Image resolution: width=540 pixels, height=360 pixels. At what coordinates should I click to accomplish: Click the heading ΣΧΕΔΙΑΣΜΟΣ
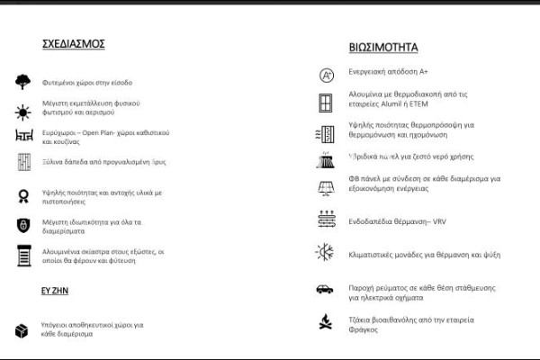74,43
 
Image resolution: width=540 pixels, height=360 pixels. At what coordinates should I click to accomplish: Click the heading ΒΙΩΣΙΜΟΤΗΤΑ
382,47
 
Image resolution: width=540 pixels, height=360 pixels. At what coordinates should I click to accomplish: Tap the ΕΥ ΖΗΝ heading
56,292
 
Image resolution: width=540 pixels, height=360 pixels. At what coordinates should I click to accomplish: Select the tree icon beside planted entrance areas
22,82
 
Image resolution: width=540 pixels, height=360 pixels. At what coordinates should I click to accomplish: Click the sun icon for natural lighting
22,112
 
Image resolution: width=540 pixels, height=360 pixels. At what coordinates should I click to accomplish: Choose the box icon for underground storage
22,330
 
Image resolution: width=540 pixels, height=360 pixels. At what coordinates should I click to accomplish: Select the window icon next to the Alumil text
326,103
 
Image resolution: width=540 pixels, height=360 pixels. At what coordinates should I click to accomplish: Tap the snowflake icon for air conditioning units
325,253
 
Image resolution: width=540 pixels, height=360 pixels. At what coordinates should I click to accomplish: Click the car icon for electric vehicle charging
325,290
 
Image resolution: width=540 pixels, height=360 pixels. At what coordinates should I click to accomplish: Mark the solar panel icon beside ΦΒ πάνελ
325,189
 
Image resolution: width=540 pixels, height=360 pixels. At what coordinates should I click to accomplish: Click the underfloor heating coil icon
326,219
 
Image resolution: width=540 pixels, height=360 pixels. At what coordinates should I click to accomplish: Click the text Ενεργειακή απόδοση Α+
388,71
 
